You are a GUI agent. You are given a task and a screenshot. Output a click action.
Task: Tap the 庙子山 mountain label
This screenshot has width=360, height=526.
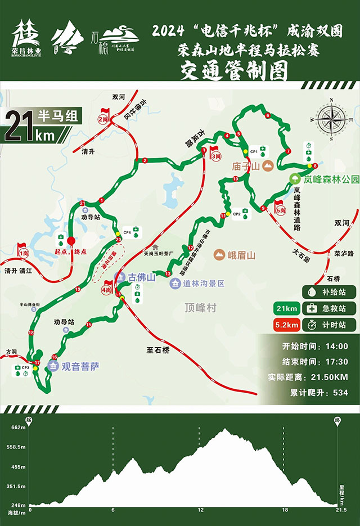point(246,167)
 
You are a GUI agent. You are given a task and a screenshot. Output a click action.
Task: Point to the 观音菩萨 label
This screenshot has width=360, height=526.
point(80,366)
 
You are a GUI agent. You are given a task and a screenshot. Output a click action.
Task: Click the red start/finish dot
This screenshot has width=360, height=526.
point(71,241)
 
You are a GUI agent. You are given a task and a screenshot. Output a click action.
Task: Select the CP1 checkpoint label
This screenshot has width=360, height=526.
point(254,152)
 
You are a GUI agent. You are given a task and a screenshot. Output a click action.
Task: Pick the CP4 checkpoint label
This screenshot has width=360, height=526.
point(127,232)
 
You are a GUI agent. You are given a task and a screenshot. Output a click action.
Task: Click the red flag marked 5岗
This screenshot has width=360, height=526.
point(280,208)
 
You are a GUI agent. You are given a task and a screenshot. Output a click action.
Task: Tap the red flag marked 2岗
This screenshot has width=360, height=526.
point(103,116)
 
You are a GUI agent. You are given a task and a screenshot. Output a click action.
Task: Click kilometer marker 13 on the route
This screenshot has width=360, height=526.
point(168,273)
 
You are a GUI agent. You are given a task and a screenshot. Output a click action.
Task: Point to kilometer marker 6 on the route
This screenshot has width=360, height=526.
point(268,115)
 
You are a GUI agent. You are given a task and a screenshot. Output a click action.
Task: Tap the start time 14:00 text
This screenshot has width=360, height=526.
point(335,347)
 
